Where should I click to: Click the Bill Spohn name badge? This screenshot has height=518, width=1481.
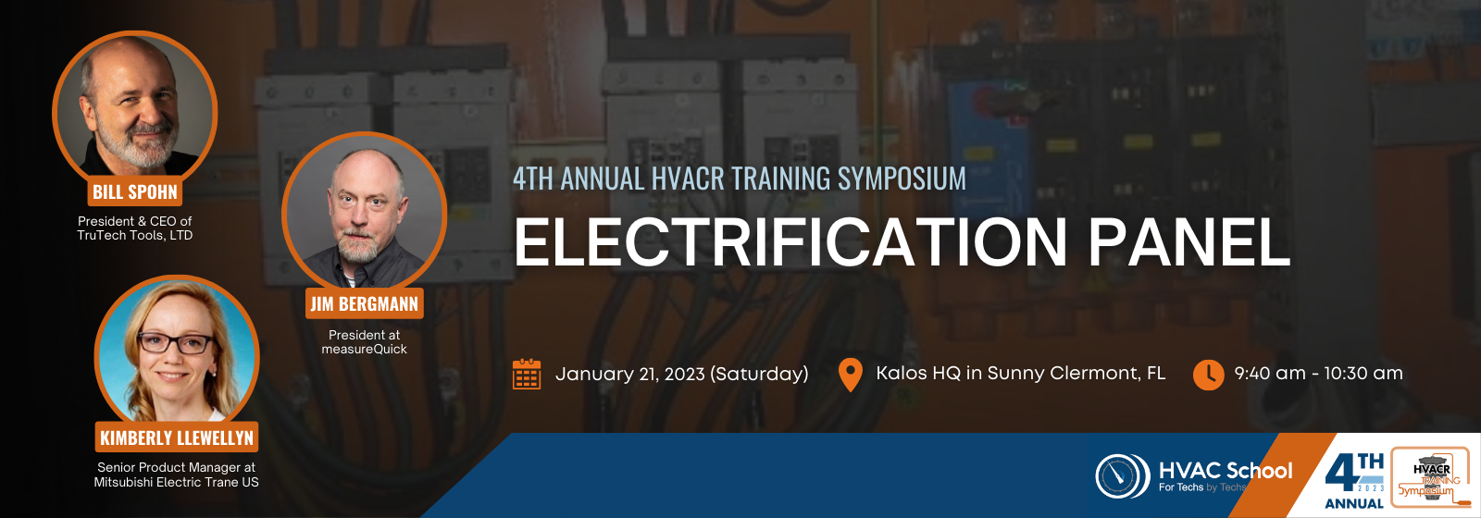point(135,192)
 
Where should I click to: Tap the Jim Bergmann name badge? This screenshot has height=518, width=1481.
point(365,303)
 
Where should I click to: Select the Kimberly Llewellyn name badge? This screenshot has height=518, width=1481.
point(177,438)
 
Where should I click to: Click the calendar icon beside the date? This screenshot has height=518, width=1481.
point(527,374)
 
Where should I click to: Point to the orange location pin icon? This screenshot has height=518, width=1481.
point(851,375)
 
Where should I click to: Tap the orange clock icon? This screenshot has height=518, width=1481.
point(1209,375)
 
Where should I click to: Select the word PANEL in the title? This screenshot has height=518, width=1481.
point(1189,242)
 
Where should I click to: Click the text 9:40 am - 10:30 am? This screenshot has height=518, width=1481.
point(1318,374)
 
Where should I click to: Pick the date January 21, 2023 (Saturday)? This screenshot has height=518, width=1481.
point(681,374)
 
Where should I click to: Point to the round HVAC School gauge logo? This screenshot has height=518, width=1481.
point(1123,475)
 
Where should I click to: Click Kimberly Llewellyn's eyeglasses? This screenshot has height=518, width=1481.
point(176,343)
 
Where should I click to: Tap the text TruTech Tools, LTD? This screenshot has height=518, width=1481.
point(135,235)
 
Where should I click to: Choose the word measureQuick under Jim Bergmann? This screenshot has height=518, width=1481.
point(365,349)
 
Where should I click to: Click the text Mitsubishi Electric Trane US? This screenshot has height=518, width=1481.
point(177,482)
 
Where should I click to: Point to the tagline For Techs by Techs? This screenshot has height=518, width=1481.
point(1202,487)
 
